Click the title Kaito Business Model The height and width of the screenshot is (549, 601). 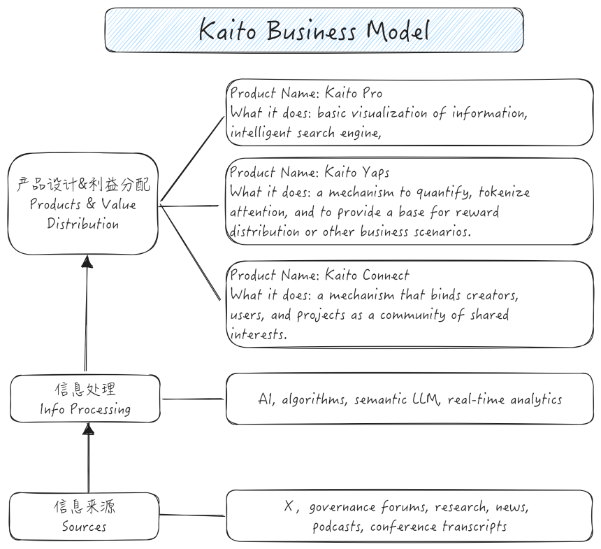click(x=314, y=30)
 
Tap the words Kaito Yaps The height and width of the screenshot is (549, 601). click(x=357, y=172)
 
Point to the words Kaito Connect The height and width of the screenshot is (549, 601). click(x=367, y=275)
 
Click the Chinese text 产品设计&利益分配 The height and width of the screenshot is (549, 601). click(x=83, y=185)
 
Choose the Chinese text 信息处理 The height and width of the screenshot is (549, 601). click(x=85, y=390)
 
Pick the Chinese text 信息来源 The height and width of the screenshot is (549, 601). click(x=84, y=506)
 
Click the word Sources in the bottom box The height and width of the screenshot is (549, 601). click(x=84, y=526)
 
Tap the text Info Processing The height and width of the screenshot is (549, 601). click(x=85, y=409)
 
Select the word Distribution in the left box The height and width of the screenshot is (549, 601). click(x=83, y=224)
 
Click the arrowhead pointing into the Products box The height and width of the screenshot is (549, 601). click(x=87, y=262)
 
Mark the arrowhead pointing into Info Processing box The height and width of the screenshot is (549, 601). click(x=88, y=429)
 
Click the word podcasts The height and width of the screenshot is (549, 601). click(x=338, y=527)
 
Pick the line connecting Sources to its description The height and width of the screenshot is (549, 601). click(x=193, y=516)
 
